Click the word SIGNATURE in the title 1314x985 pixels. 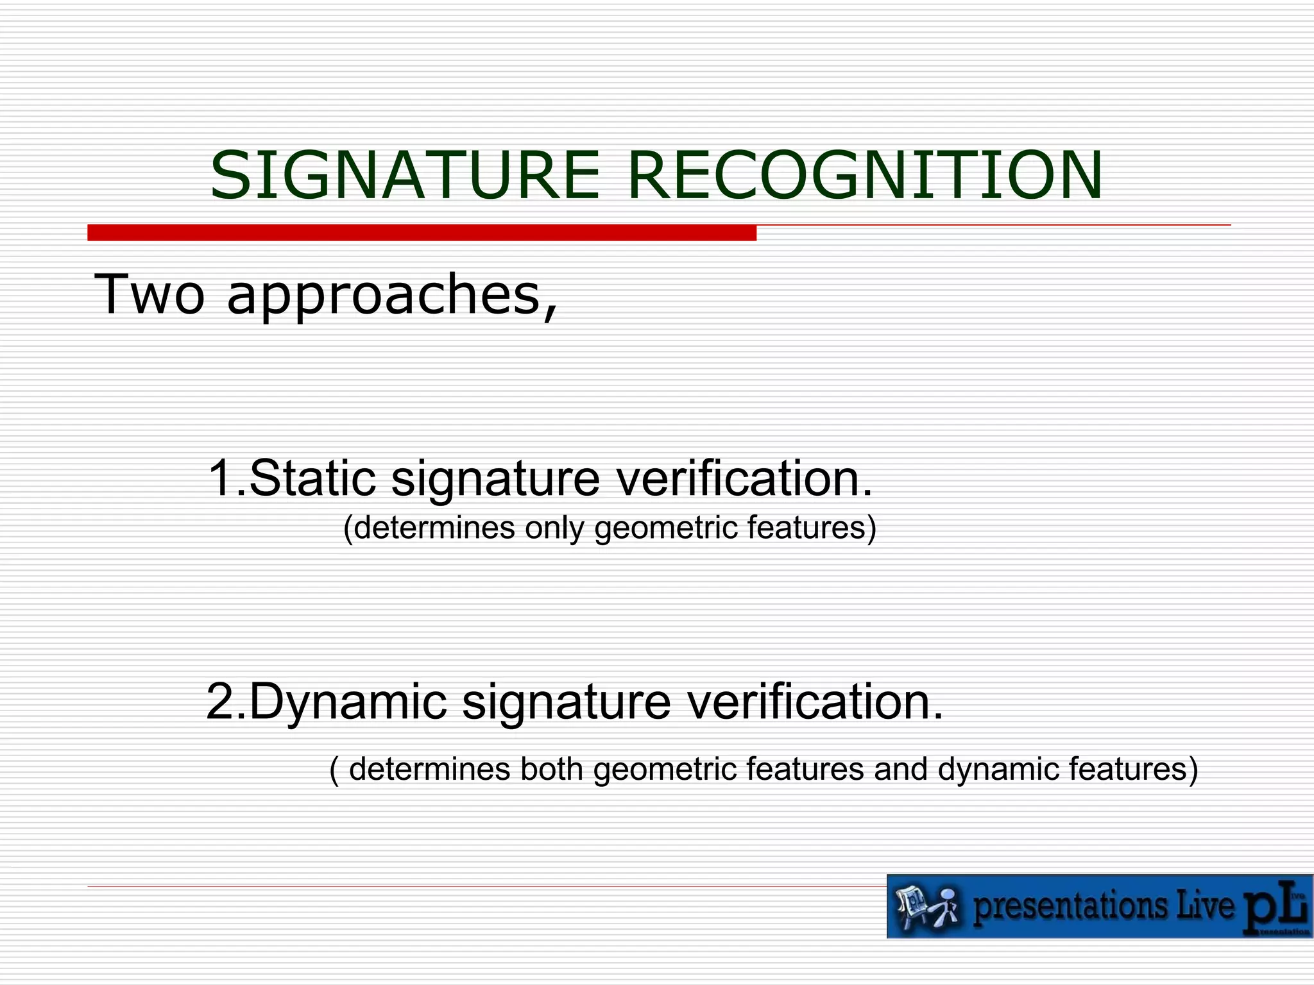(x=404, y=175)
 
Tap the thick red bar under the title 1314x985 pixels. (x=422, y=233)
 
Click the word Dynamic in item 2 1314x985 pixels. (x=347, y=702)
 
